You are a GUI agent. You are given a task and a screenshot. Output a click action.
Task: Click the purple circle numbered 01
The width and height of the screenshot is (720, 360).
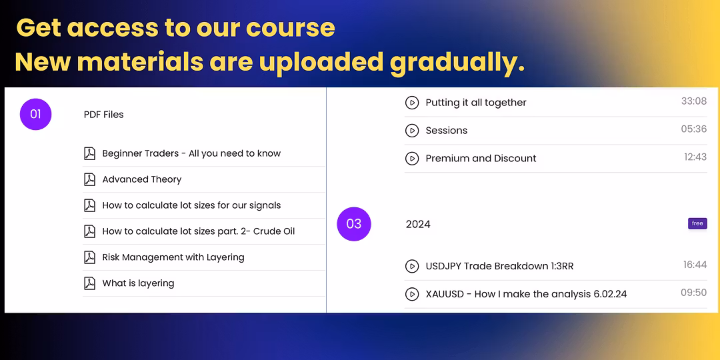coord(35,115)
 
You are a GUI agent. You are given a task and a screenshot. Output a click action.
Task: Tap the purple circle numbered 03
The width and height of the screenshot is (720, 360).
coord(353,224)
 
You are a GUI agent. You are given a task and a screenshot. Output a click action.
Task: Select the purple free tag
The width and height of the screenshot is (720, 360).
coord(697,223)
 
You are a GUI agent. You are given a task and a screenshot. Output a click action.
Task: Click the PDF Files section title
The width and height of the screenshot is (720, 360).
coord(104,115)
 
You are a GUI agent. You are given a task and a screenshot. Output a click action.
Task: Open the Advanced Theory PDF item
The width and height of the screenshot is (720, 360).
coord(142,179)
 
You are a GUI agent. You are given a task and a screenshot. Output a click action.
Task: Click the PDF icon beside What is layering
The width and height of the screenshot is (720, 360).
coord(89,283)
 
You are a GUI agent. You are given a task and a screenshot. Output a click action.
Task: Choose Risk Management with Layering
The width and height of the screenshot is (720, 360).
coord(173,257)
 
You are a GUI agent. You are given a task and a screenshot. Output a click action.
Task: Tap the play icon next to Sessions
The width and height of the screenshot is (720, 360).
coord(412,131)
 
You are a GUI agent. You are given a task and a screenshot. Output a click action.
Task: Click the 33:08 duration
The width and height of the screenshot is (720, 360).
coord(694,101)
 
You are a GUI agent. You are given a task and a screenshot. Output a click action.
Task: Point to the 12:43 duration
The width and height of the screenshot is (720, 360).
coord(695,157)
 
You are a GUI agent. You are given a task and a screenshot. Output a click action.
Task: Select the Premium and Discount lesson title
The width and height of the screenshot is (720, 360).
coord(481,159)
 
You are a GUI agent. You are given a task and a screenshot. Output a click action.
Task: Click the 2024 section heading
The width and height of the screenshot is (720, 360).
coord(418,225)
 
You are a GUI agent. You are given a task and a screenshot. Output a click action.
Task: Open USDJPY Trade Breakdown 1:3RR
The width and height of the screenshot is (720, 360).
coord(499,266)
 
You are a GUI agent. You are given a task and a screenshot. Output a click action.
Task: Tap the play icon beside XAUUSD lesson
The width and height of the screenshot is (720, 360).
coord(412,294)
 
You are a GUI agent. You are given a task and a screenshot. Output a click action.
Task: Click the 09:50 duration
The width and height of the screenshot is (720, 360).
coord(694,293)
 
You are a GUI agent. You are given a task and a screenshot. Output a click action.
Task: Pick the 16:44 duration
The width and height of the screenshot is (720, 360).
coord(695,265)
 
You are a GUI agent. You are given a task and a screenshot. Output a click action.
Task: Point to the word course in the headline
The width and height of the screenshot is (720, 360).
coord(290,29)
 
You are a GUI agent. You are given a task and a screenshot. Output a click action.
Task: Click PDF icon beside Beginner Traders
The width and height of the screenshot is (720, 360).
coord(89,153)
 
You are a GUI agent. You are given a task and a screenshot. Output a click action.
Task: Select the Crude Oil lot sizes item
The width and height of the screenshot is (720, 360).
coord(199,231)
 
